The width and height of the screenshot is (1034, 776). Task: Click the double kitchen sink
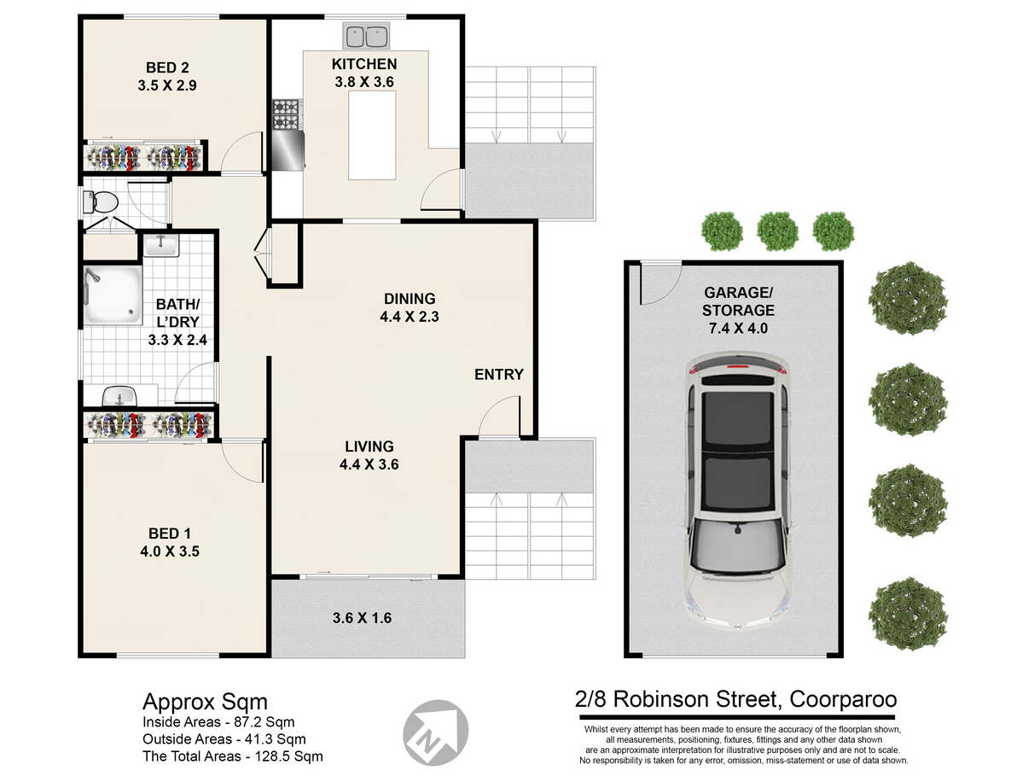coord(366,36)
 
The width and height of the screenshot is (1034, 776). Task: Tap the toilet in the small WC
coord(101,202)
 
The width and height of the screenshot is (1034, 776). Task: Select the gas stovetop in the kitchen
coord(287,114)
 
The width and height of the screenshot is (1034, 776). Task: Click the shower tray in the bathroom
coord(113,295)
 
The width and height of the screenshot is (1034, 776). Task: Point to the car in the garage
coord(738,493)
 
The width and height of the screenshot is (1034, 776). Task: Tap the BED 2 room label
coord(167,67)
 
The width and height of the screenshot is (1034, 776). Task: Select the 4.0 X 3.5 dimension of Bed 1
coord(170,551)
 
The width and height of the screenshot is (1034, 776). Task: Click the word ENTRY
coord(499,375)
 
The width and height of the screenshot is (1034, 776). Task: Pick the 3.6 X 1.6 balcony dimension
coord(363,618)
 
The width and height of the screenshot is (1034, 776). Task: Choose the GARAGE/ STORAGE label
coord(738,301)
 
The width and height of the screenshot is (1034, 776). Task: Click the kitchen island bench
coord(372,135)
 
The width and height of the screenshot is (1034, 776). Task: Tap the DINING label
coord(410,299)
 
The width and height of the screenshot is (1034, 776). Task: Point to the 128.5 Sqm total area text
coord(288,756)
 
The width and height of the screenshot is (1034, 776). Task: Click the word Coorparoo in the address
coord(843,699)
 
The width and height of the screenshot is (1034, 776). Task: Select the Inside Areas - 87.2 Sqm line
coord(218,722)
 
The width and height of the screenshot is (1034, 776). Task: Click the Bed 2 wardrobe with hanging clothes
coord(142,157)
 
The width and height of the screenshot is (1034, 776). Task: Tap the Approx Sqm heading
coord(205,703)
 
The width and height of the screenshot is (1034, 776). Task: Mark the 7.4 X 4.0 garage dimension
coord(738,328)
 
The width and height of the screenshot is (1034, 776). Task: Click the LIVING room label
coord(369,446)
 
